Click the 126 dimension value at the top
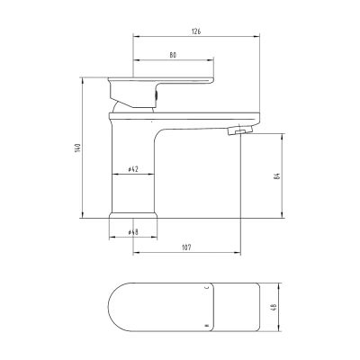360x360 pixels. pos(196,31)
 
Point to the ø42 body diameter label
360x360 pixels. pos(132,169)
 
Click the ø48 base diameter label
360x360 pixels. pos(132,232)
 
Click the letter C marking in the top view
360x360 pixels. pos(207,288)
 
